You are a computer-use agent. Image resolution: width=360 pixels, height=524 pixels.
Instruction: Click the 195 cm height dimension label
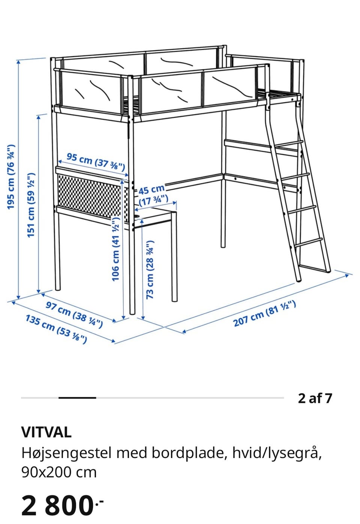tap(11, 177)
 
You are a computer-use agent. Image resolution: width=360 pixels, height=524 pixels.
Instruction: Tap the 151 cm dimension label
tap(31, 205)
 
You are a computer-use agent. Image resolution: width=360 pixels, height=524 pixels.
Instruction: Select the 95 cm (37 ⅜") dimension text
tap(96, 162)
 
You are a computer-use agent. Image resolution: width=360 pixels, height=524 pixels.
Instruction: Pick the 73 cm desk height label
tap(150, 270)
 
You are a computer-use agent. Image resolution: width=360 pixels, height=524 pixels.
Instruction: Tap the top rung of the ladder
tap(289, 144)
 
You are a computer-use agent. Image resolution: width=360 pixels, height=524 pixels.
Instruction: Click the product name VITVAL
tap(46, 432)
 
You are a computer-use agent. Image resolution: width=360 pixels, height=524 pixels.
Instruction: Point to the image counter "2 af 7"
tap(315, 398)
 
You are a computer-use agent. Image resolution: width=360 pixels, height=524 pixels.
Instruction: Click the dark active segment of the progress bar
tap(77, 398)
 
